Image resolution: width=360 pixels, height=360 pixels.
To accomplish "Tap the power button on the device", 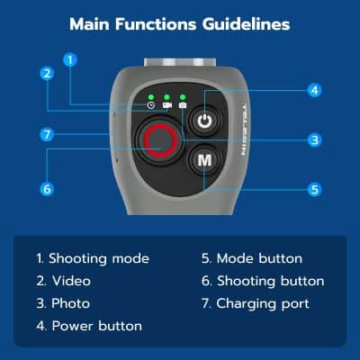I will [x=205, y=119].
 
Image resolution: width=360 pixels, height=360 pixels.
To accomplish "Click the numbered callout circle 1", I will [x=70, y=60].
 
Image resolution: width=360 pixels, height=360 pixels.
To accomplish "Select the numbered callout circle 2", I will [x=46, y=74].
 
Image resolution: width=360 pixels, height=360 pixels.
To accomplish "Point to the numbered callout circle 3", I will [x=314, y=139].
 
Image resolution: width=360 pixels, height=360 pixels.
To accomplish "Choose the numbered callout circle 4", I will [x=314, y=90].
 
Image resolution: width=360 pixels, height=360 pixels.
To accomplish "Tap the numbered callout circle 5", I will [x=314, y=190].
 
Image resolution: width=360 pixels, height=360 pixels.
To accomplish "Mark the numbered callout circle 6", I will [x=46, y=189].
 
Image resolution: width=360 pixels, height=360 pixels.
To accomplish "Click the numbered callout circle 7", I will [x=46, y=134].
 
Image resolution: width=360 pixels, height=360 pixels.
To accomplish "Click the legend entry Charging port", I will [x=261, y=303].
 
